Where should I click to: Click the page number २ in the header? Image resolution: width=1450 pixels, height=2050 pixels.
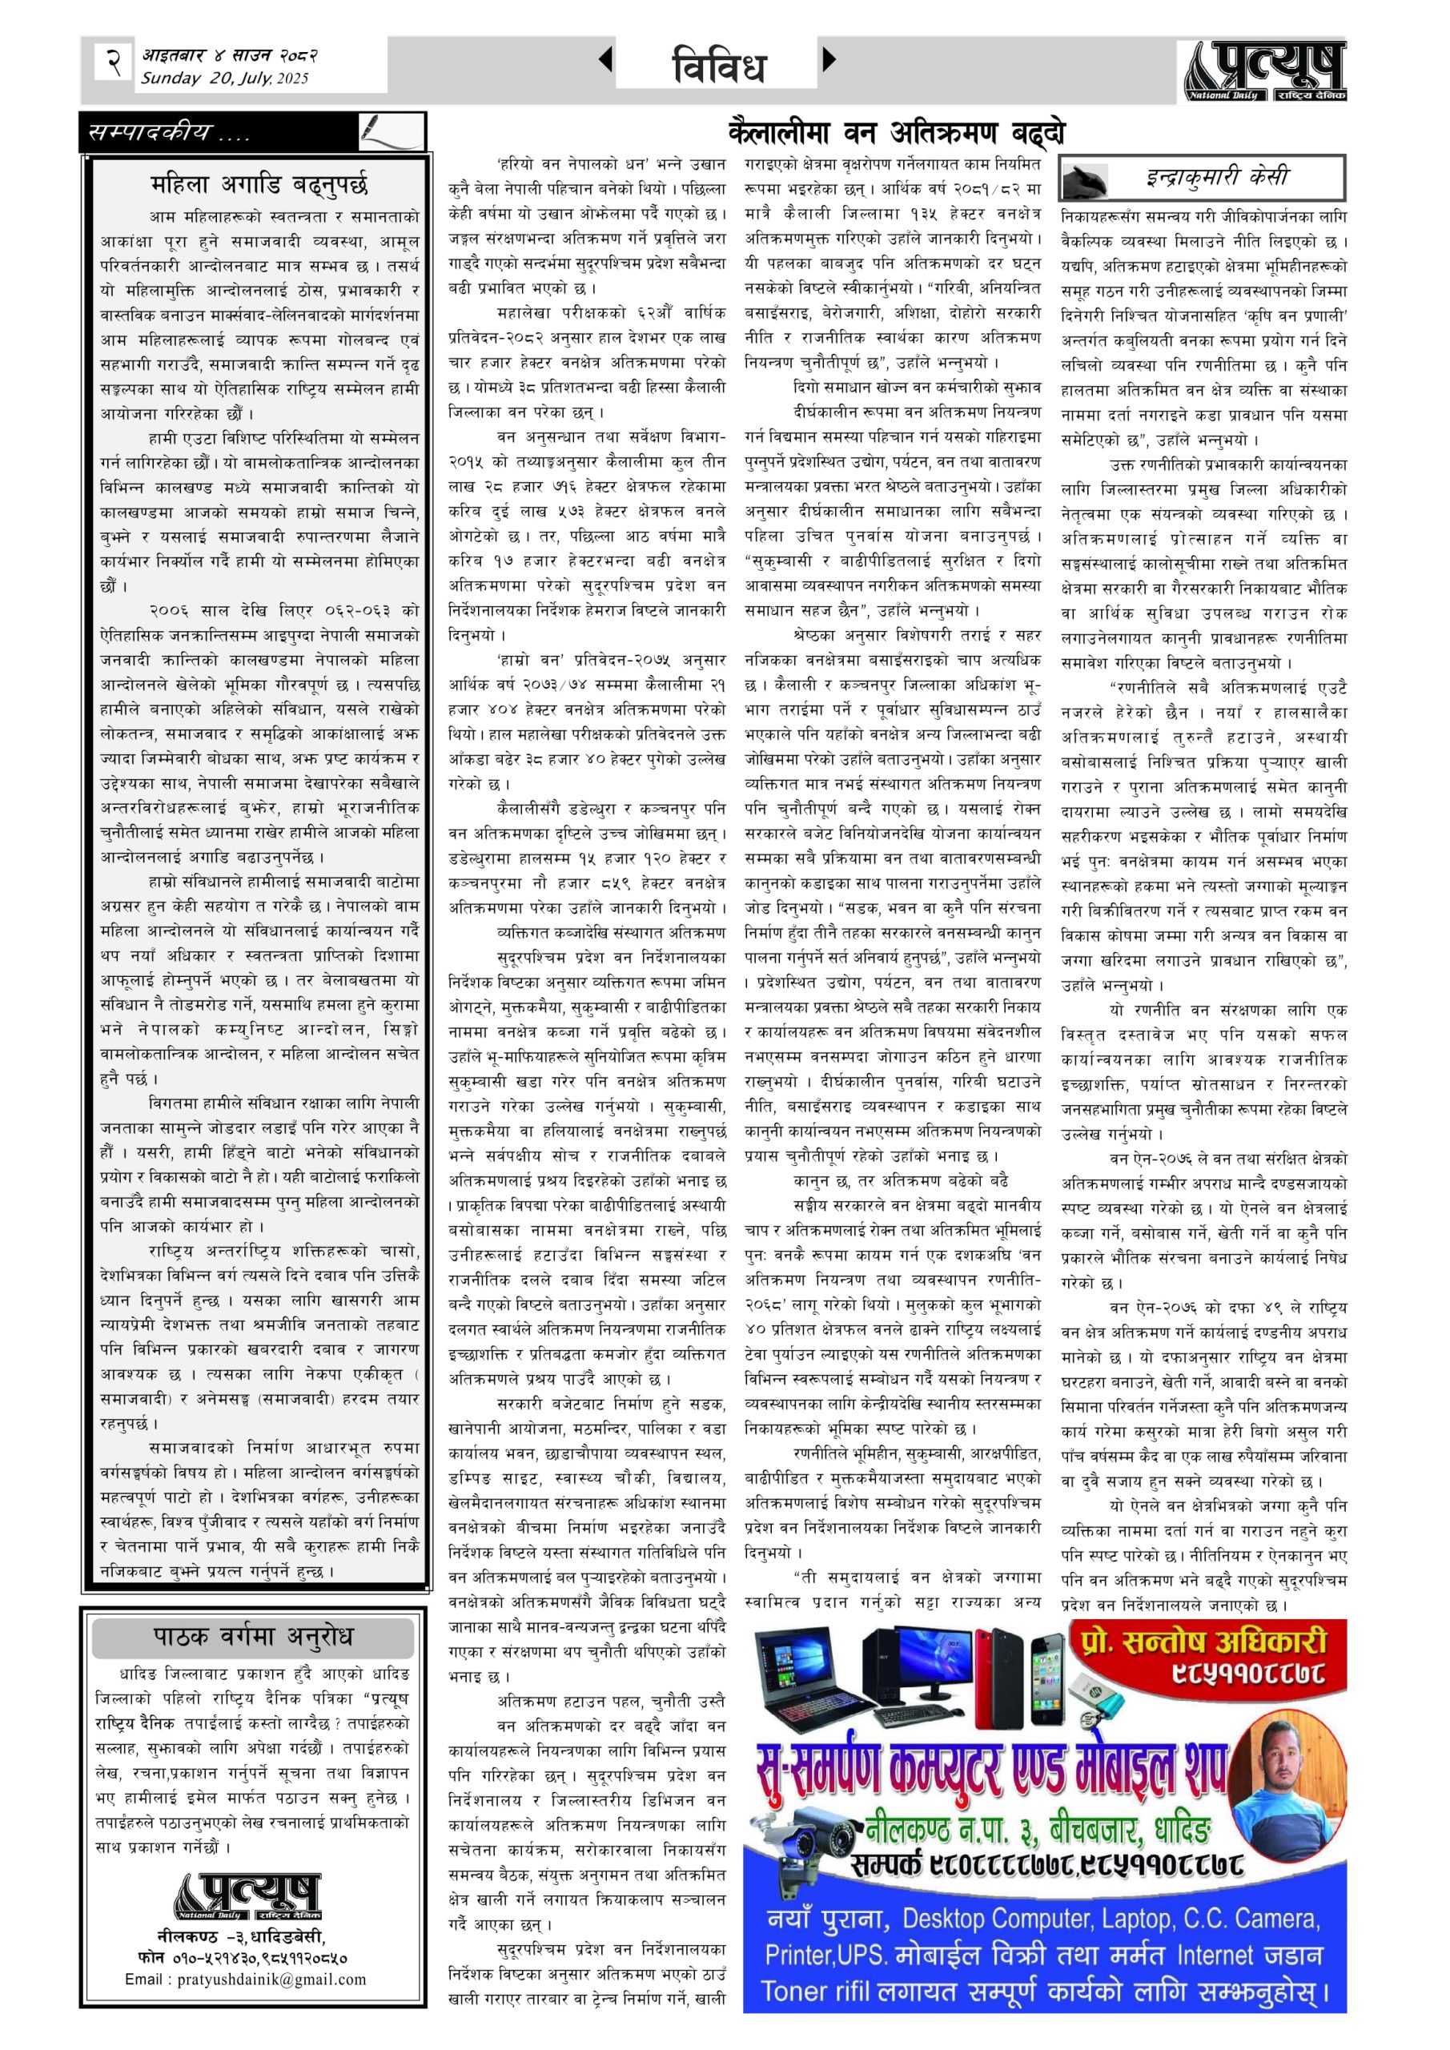[114, 63]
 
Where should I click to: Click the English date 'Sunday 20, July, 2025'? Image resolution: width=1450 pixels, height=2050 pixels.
[224, 78]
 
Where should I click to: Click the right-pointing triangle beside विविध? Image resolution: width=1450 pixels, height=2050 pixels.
[829, 60]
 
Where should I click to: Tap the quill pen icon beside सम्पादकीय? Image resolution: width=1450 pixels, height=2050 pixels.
[390, 131]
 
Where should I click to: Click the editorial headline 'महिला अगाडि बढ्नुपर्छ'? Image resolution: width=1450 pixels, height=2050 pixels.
[259, 185]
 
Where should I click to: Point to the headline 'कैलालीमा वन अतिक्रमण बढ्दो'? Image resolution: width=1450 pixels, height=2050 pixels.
[897, 133]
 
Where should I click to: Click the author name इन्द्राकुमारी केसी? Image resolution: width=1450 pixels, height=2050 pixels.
[1217, 177]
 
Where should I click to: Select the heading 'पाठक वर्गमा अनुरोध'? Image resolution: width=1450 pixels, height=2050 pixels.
[253, 1637]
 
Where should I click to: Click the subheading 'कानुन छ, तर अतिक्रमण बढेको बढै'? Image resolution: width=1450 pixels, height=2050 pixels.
[900, 1180]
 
